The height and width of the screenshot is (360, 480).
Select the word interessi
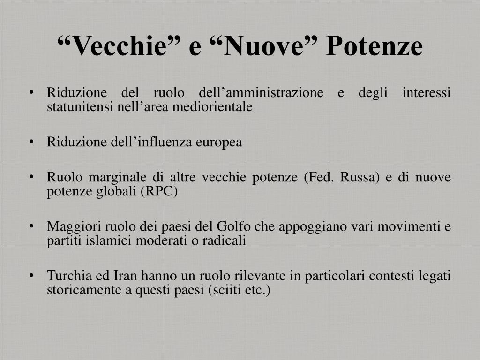click(427, 92)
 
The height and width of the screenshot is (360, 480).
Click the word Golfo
click(234, 226)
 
